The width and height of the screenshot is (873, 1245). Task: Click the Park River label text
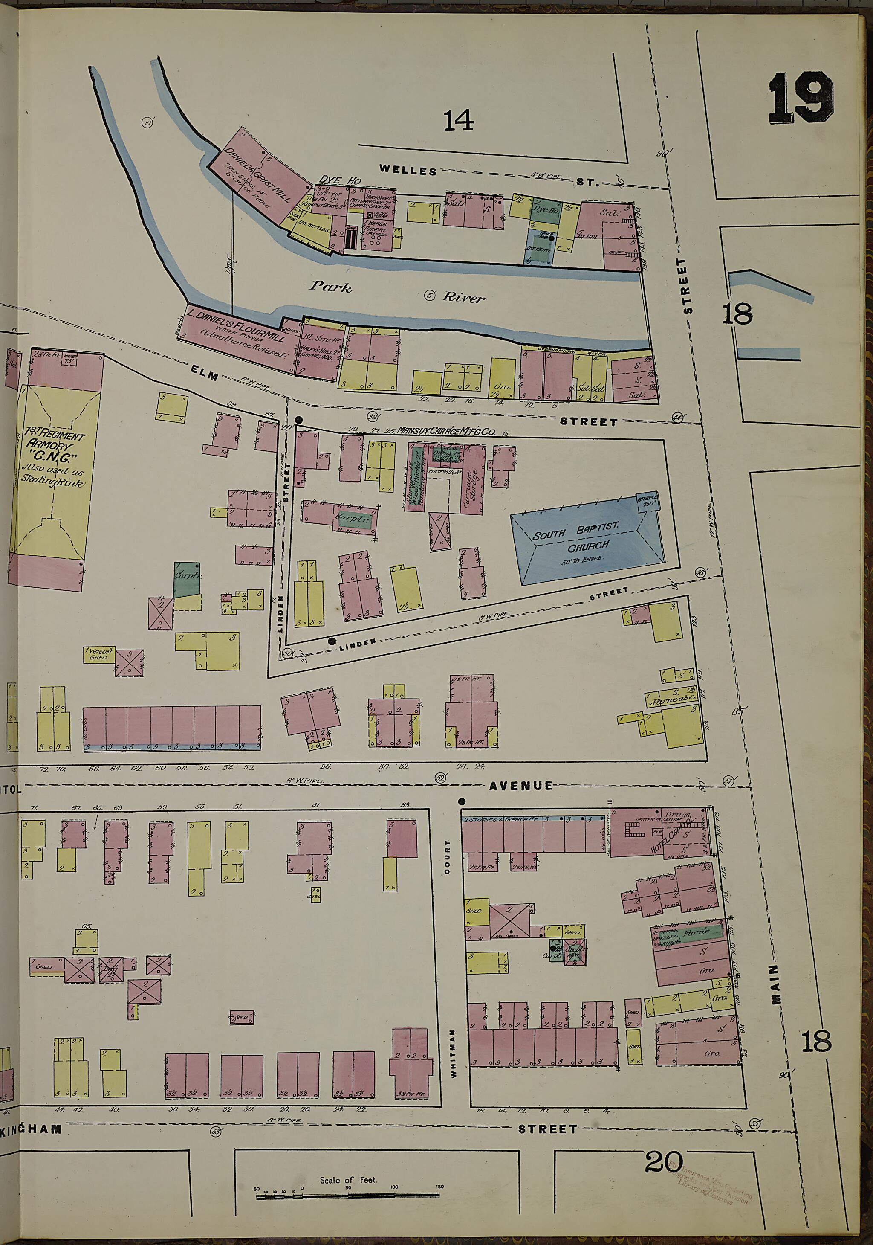click(x=397, y=291)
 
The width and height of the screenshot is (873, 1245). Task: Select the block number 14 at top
click(x=458, y=120)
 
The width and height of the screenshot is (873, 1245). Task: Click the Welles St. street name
click(x=408, y=170)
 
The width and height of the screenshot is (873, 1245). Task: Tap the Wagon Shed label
click(x=100, y=654)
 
